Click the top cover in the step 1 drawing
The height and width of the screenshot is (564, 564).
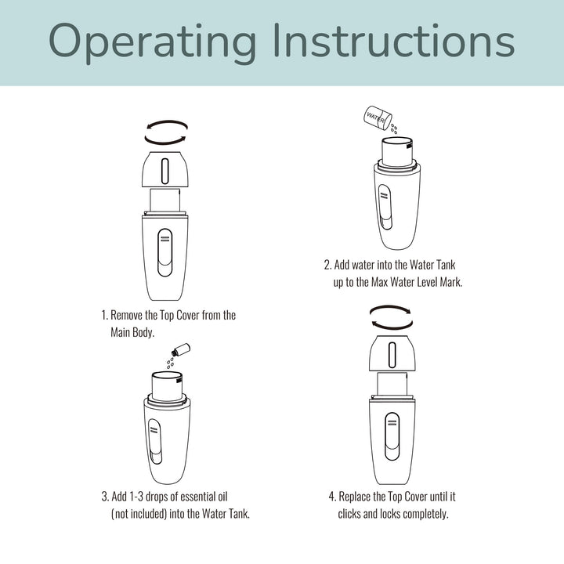tap(165, 168)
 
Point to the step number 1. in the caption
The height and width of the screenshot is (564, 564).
tap(104, 315)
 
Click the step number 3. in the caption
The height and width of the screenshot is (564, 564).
tap(105, 497)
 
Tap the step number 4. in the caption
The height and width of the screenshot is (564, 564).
tap(333, 497)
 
